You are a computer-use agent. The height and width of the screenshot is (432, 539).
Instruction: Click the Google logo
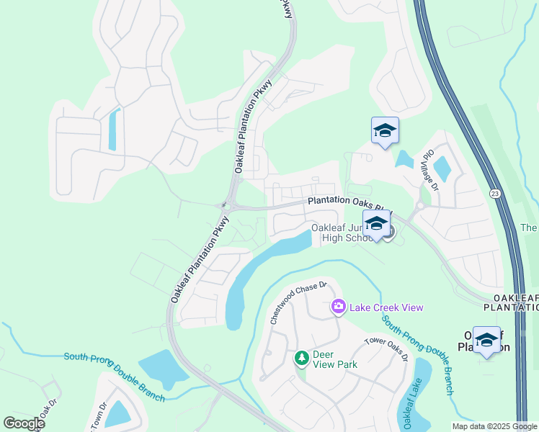[24, 423]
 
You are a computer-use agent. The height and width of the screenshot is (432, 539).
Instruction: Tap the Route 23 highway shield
[494, 194]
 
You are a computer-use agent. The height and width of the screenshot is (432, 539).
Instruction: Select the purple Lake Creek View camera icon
[338, 307]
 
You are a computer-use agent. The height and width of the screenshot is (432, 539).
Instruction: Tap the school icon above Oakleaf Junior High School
[376, 224]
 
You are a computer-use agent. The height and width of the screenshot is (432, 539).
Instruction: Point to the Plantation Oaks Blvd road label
[349, 202]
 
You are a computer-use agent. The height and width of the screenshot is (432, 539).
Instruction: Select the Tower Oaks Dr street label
[386, 349]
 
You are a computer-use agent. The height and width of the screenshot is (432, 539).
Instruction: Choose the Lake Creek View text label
[386, 307]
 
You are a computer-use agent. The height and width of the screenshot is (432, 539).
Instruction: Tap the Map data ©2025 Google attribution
[494, 426]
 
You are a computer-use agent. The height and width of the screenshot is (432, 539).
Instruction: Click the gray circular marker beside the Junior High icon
[389, 233]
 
